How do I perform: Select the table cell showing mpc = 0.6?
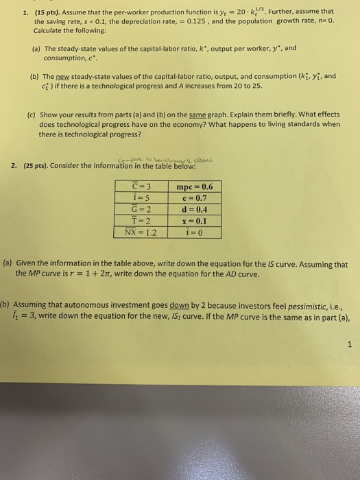point(194,187)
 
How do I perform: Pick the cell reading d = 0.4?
point(194,209)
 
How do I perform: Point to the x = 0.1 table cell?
point(194,221)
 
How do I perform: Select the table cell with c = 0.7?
point(194,198)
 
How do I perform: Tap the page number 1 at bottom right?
point(348,346)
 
